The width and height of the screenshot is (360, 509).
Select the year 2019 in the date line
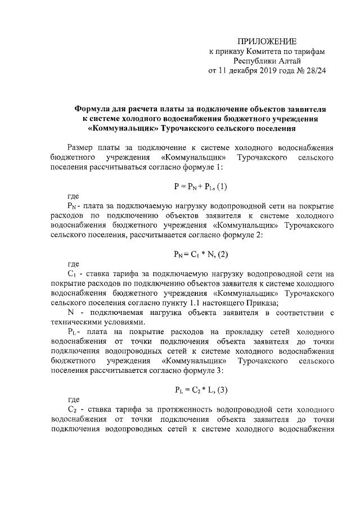point(255,71)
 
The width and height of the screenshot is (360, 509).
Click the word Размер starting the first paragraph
point(81,147)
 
